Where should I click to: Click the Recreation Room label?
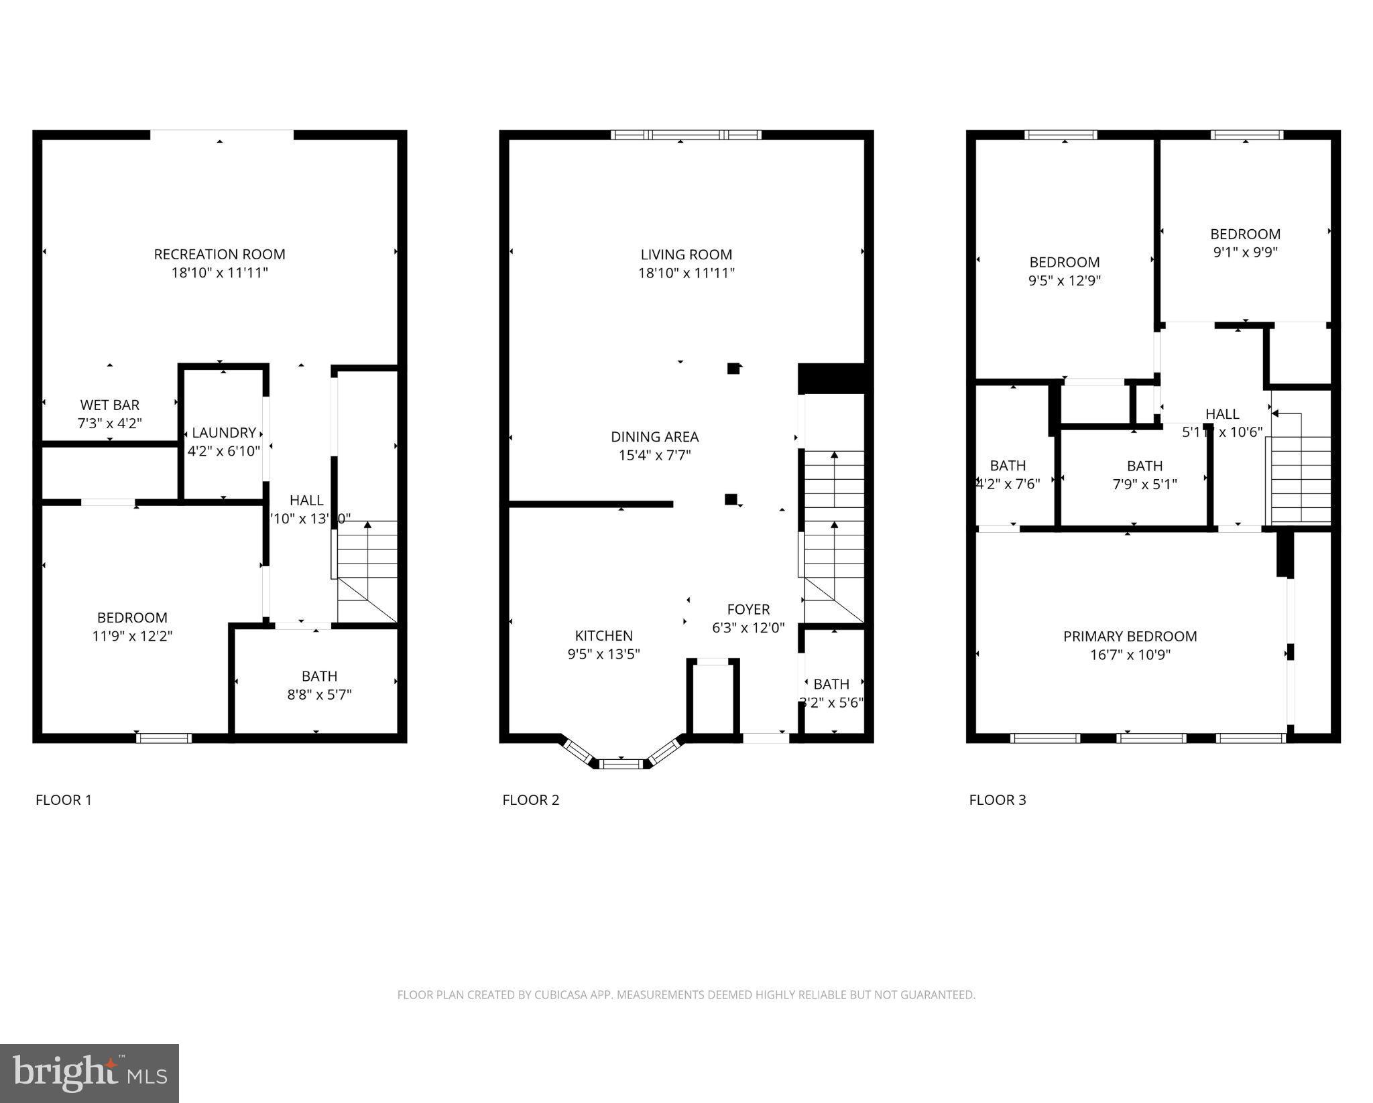219,255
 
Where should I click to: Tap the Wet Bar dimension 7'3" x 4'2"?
109,424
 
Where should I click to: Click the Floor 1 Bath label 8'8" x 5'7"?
319,695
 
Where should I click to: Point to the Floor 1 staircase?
367,570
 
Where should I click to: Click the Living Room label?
686,255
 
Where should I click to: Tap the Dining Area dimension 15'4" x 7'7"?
654,456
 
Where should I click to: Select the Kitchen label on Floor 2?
603,635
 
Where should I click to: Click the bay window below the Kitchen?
621,763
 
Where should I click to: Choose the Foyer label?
748,609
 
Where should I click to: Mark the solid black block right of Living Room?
834,379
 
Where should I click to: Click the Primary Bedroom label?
1130,636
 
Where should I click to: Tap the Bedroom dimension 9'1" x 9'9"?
1245,253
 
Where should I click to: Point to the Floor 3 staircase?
1301,479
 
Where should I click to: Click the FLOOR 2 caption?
530,799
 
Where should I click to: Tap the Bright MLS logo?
89,1072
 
